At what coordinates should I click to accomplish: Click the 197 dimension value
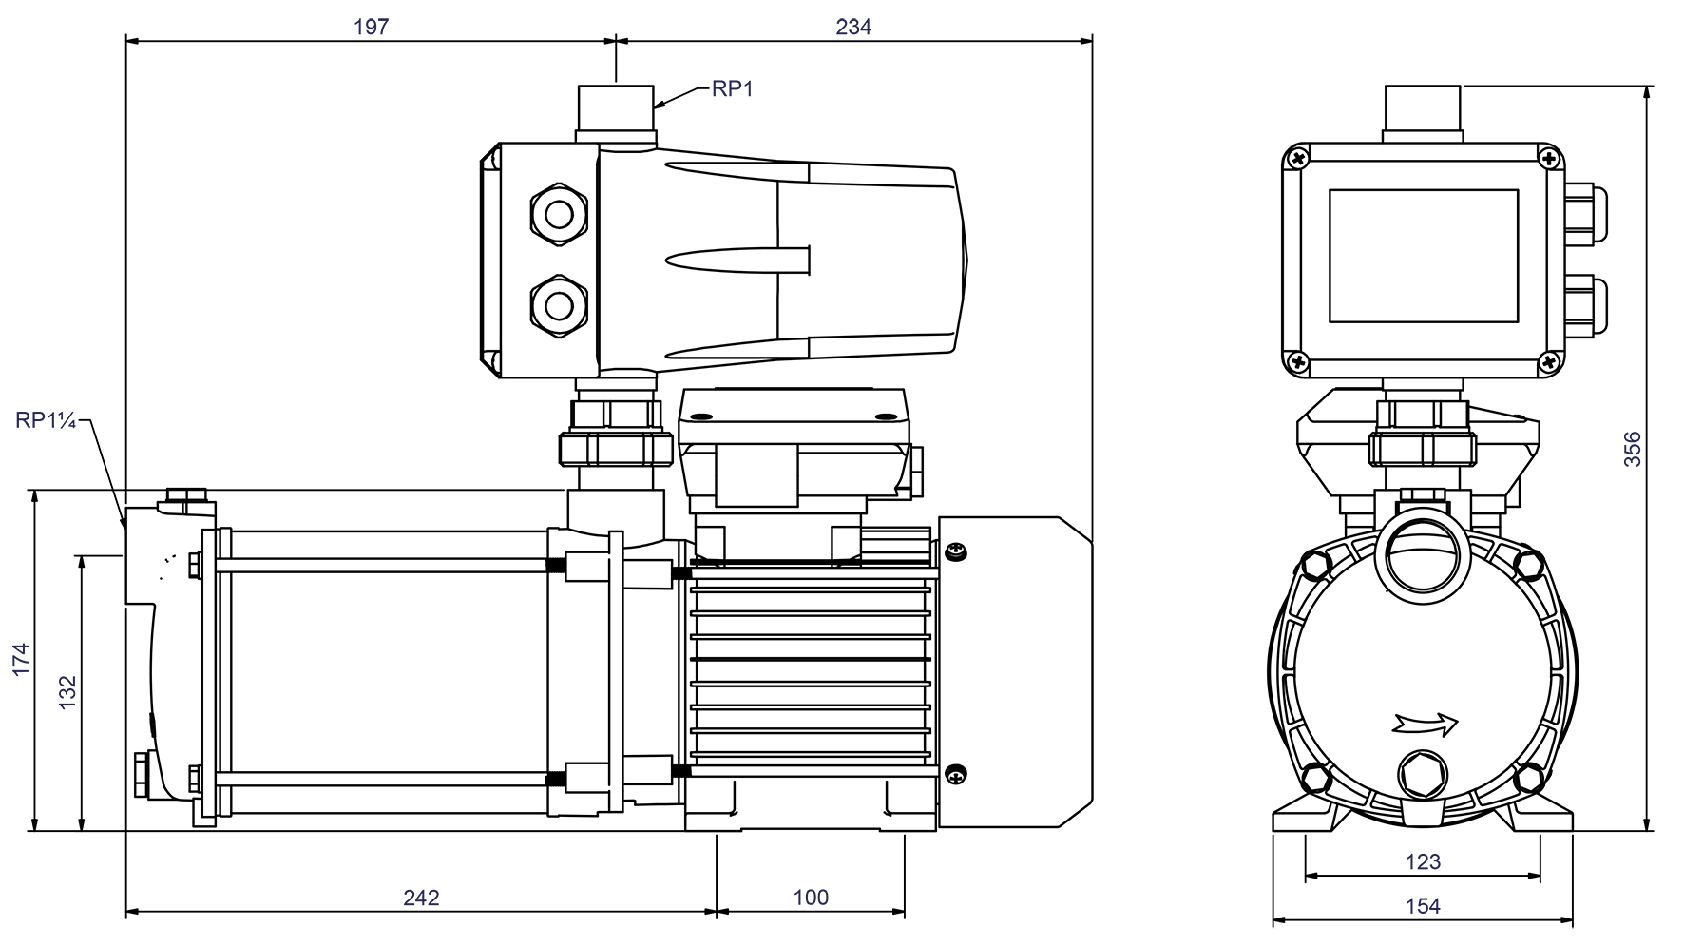pos(371,27)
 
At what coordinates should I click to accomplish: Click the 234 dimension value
pos(853,27)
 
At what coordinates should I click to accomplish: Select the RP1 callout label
pos(732,89)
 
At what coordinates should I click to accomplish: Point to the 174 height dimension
pos(21,660)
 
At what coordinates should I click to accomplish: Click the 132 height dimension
pos(67,692)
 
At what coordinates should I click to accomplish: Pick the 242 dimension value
pos(421,898)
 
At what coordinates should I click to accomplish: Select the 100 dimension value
pos(811,898)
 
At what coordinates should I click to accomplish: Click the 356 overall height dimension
pos(1633,449)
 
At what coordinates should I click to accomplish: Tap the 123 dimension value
pos(1423,862)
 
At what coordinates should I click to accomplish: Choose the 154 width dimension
pos(1423,906)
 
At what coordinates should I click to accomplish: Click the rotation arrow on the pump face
pos(1425,725)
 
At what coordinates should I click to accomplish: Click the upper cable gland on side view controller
pos(558,214)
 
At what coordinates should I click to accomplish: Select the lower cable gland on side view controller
pos(558,304)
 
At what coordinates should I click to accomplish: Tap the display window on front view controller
pos(1423,255)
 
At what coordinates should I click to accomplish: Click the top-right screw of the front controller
pos(1550,158)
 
